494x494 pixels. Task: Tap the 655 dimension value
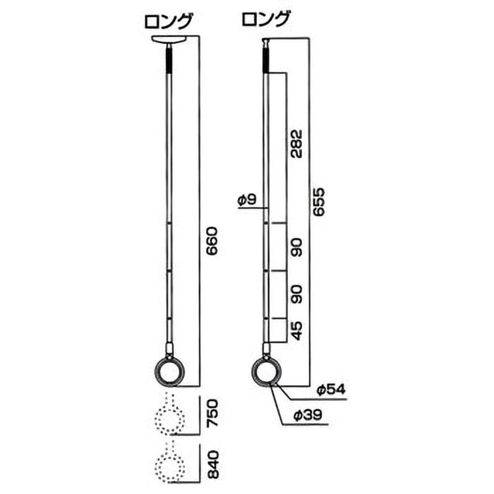point(319,201)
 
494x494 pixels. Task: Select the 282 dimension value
point(296,143)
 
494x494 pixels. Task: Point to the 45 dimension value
point(296,331)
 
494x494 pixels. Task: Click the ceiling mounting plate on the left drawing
point(168,41)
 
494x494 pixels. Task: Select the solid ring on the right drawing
point(266,372)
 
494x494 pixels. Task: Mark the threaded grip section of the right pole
point(266,61)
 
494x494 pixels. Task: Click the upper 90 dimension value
point(296,247)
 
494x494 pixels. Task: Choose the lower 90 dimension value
point(296,295)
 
